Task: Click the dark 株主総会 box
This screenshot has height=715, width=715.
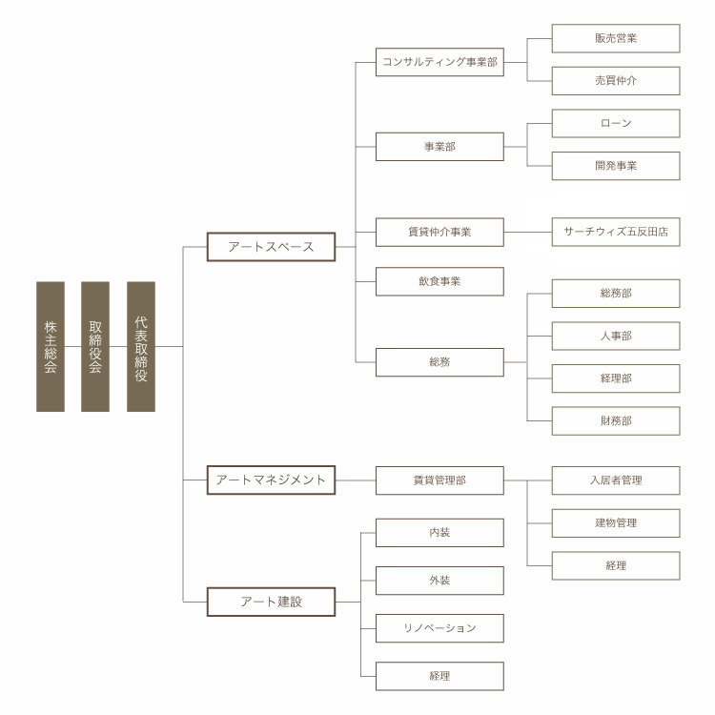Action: click(x=51, y=347)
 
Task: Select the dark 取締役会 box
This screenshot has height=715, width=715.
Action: click(x=95, y=347)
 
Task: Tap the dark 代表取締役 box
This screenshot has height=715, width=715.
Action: click(x=141, y=347)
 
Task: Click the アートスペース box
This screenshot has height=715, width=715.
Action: click(x=271, y=247)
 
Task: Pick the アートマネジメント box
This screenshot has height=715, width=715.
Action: click(x=271, y=480)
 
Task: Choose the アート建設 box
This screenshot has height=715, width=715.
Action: click(x=271, y=602)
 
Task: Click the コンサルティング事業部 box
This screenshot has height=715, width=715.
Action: click(x=439, y=62)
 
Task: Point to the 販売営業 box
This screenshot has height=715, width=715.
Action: click(x=616, y=38)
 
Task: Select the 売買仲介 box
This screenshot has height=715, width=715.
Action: click(x=616, y=81)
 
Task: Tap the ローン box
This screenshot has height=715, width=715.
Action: click(x=616, y=123)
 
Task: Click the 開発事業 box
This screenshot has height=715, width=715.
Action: click(x=616, y=166)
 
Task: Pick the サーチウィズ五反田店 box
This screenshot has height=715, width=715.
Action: click(x=616, y=232)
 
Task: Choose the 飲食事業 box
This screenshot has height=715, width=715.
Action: click(x=439, y=281)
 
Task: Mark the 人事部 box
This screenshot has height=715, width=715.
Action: click(x=616, y=337)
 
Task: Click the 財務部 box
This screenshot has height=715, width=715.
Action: click(x=616, y=420)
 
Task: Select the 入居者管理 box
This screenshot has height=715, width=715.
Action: click(x=616, y=480)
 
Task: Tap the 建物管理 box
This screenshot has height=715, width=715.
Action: click(x=616, y=523)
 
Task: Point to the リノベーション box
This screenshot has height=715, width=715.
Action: click(x=439, y=628)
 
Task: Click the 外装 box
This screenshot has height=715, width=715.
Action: click(x=439, y=581)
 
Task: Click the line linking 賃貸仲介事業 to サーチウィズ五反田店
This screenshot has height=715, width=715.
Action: click(x=527, y=232)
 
